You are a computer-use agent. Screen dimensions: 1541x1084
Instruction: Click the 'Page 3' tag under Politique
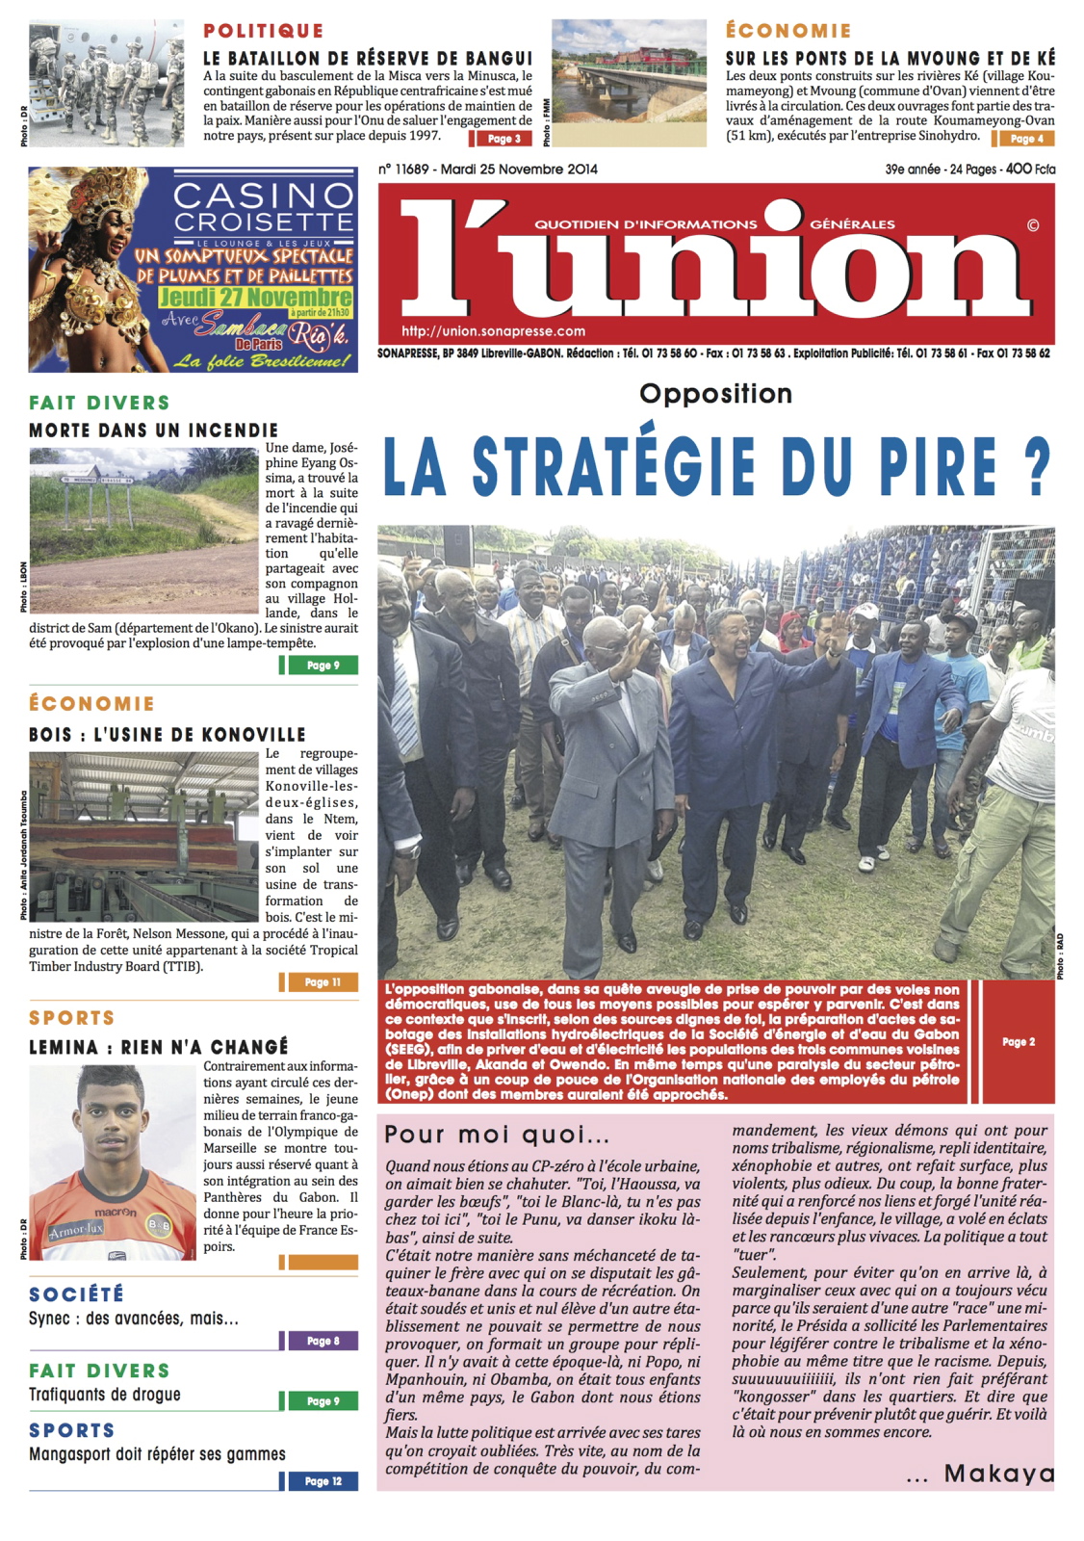pyautogui.click(x=503, y=139)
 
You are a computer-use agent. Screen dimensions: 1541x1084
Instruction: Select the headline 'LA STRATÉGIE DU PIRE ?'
pyautogui.click(x=715, y=467)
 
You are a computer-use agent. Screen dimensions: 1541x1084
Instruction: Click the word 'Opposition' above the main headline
pyautogui.click(x=715, y=394)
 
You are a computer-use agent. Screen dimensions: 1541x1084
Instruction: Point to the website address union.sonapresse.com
pyautogui.click(x=493, y=330)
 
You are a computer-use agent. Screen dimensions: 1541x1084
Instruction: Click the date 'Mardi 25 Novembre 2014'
pyautogui.click(x=519, y=170)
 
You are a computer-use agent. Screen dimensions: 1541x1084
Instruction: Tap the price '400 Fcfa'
pyautogui.click(x=1030, y=170)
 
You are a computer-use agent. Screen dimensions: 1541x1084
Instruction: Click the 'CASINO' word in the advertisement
pyautogui.click(x=263, y=196)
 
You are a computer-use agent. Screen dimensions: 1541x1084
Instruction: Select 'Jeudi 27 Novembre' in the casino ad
pyautogui.click(x=255, y=298)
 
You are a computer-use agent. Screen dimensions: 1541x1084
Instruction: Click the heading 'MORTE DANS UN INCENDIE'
pyautogui.click(x=153, y=431)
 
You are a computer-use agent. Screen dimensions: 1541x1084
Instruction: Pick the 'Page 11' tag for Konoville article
pyautogui.click(x=323, y=982)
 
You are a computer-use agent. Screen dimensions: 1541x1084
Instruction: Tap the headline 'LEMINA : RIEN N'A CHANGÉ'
pyautogui.click(x=158, y=1047)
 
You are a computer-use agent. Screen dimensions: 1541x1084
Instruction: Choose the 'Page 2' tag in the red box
pyautogui.click(x=1019, y=1041)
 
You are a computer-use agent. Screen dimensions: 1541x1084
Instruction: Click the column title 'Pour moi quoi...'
pyautogui.click(x=497, y=1135)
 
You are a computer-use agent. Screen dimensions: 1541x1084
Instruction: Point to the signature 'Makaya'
pyautogui.click(x=998, y=1474)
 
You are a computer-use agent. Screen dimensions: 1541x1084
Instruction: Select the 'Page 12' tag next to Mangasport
pyautogui.click(x=323, y=1481)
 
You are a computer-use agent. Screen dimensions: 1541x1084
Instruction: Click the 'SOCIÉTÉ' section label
pyautogui.click(x=76, y=1294)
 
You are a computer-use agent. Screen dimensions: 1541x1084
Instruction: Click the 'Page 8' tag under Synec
pyautogui.click(x=323, y=1341)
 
